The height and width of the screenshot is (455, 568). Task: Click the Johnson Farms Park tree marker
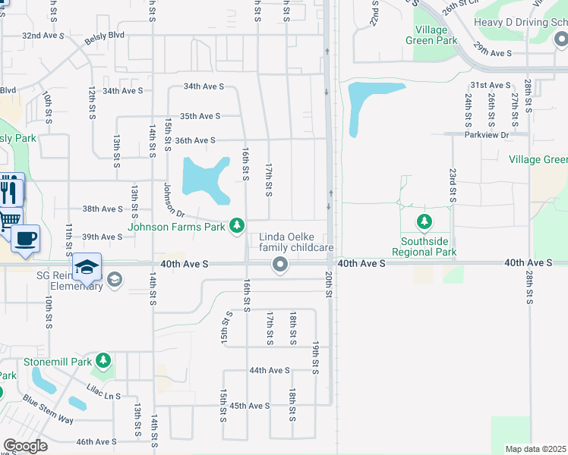pyautogui.click(x=238, y=225)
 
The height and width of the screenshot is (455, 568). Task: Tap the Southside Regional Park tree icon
pyautogui.click(x=424, y=223)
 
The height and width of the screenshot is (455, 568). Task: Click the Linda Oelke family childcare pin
pyautogui.click(x=280, y=264)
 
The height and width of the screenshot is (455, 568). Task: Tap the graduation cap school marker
pyautogui.click(x=87, y=268)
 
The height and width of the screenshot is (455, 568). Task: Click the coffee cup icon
pyautogui.click(x=25, y=237)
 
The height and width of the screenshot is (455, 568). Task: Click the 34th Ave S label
pyautogui.click(x=122, y=90)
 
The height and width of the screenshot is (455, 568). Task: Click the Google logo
pyautogui.click(x=25, y=446)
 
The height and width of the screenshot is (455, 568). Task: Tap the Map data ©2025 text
pyautogui.click(x=536, y=449)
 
